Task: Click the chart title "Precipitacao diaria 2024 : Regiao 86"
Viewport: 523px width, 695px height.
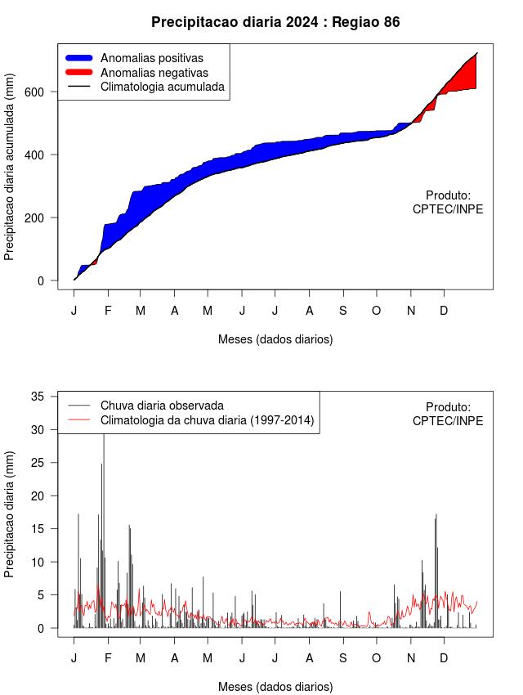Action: point(275,22)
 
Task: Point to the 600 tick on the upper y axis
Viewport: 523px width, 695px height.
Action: point(34,92)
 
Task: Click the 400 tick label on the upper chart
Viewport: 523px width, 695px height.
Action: point(34,155)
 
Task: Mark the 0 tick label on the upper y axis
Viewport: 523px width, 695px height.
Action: point(41,280)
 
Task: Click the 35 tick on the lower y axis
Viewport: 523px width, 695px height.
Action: point(38,397)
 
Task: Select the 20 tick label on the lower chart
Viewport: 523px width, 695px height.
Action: point(38,495)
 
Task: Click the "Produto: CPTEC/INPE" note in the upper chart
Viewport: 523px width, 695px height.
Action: point(448,202)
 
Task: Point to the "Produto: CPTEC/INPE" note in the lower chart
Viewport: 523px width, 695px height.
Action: point(448,414)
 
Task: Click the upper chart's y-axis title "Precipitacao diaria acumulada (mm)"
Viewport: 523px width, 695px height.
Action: point(9,167)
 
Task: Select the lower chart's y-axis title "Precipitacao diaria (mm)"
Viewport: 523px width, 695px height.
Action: point(9,514)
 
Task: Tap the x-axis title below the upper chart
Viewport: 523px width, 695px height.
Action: point(275,339)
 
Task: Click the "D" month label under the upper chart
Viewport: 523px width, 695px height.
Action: point(444,311)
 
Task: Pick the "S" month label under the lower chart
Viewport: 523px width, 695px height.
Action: point(342,658)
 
